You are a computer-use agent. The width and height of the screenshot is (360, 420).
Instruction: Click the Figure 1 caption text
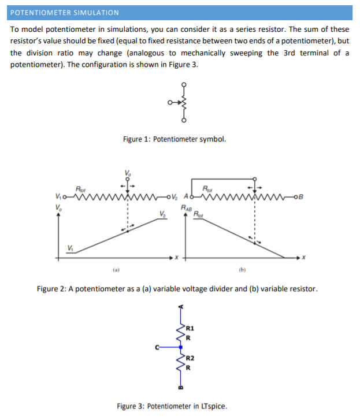click(x=174, y=139)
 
